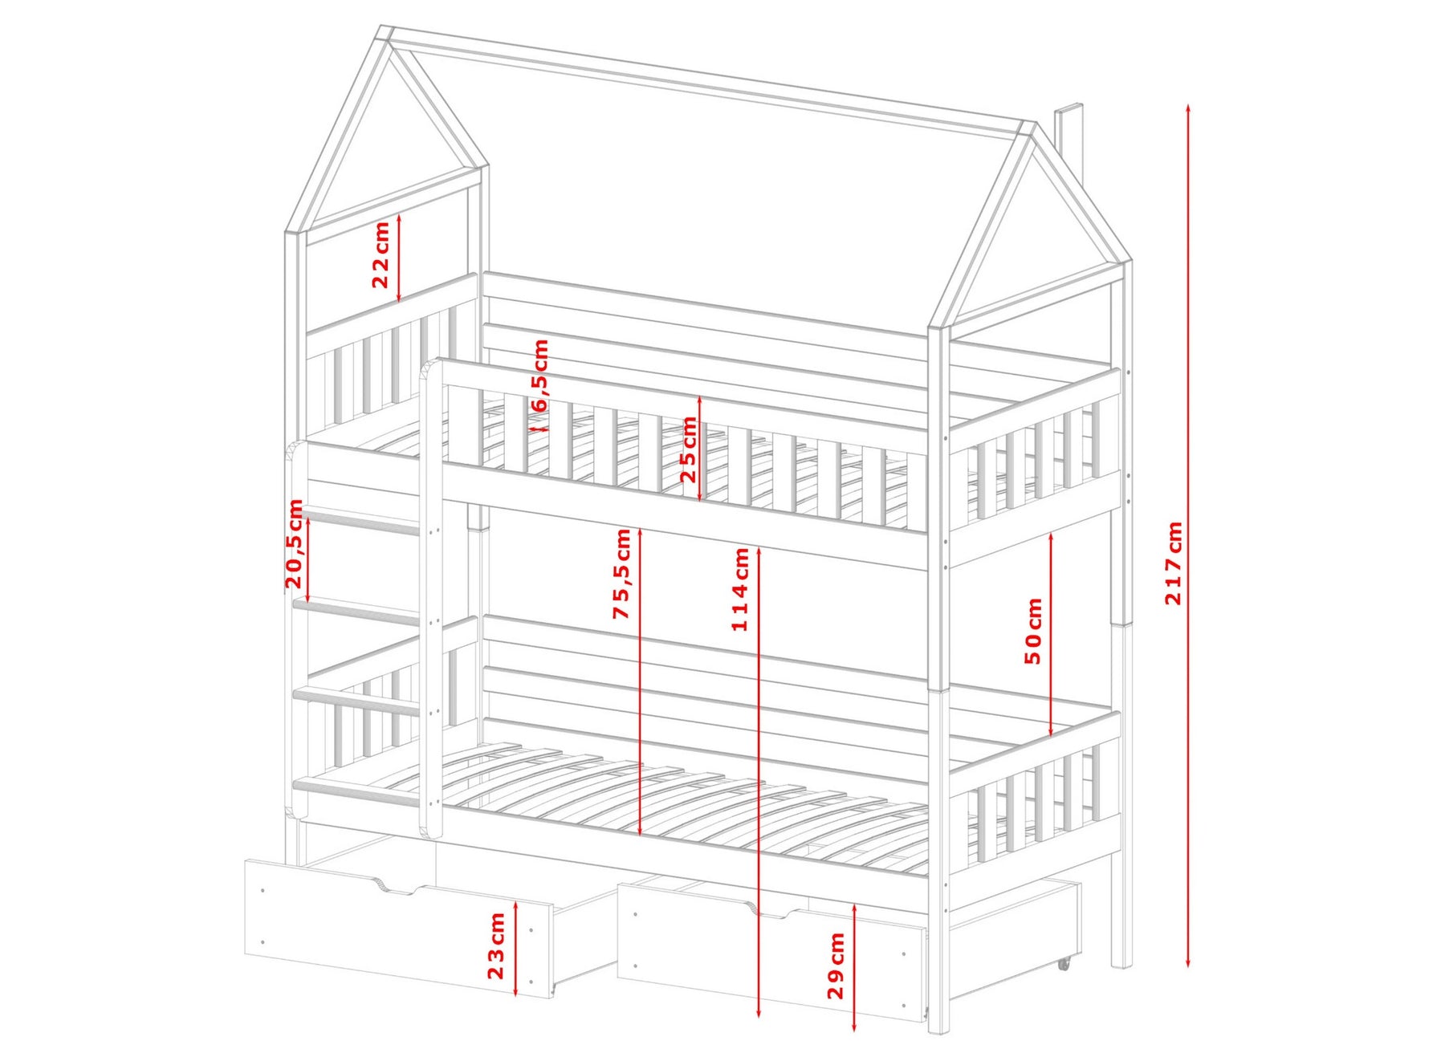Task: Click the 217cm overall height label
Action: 1174,563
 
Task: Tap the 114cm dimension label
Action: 740,589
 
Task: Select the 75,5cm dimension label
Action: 622,574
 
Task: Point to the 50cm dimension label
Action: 1034,631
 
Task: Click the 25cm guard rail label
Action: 688,449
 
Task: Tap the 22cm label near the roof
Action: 381,254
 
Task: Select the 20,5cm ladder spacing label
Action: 295,543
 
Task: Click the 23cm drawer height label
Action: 497,945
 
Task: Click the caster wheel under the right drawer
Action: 1064,964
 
